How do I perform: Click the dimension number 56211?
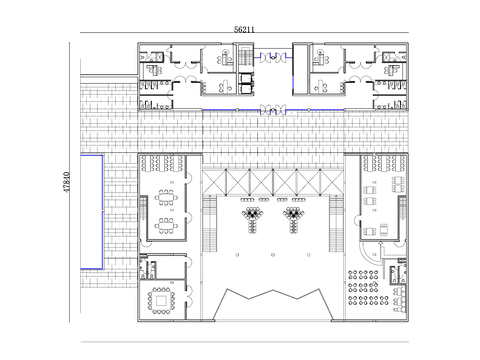244,29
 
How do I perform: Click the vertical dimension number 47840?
66,182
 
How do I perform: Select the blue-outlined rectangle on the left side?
92,212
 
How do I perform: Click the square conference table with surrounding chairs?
161,301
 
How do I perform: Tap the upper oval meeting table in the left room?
166,198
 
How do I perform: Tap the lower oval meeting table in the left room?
166,226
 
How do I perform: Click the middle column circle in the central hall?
273,255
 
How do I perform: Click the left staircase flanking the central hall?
210,223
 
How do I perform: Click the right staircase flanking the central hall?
336,223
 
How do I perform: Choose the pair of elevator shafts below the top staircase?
246,83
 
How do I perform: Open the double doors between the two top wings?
273,57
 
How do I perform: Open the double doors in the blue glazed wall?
273,109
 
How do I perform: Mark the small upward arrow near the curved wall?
381,245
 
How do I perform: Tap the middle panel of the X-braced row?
273,182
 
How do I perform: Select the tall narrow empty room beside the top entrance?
301,69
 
